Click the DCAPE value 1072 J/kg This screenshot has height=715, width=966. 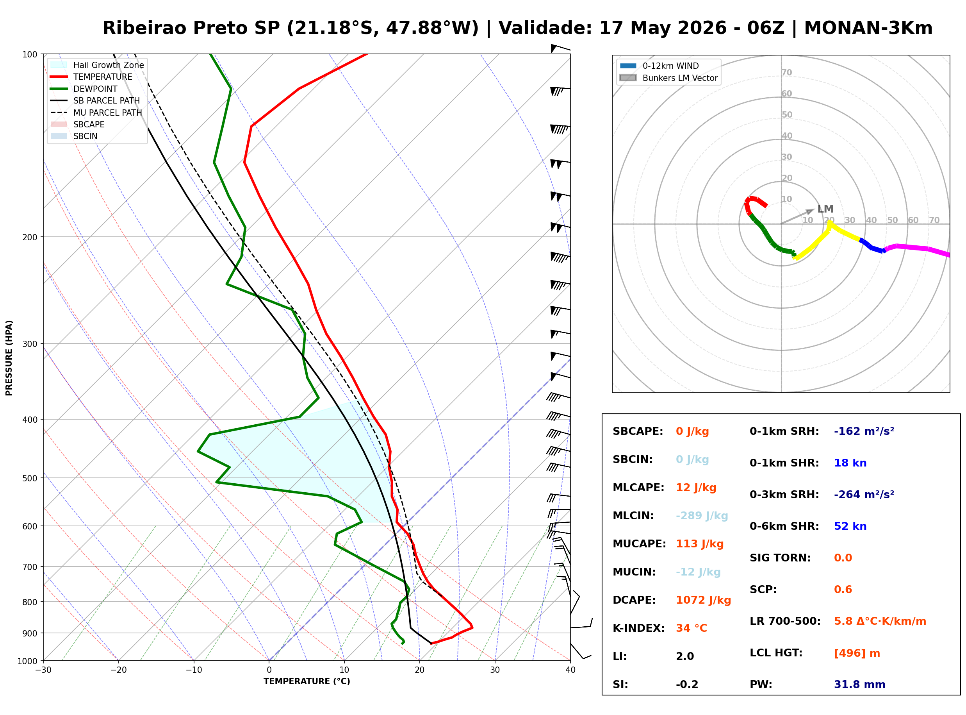(703, 600)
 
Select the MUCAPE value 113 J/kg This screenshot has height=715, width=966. (700, 543)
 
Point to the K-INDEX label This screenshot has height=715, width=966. (638, 628)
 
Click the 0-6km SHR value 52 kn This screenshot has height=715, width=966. (850, 526)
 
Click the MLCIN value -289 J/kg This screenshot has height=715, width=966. (702, 515)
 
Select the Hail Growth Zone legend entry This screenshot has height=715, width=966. (97, 65)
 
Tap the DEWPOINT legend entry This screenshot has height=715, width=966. (84, 89)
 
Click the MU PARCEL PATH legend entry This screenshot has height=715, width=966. (96, 113)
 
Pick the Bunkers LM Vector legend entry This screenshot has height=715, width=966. (668, 78)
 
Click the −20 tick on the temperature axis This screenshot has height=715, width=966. (118, 670)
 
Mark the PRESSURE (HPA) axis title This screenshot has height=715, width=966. (9, 358)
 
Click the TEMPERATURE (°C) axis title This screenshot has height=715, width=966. (307, 681)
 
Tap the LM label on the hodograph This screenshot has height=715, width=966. (825, 209)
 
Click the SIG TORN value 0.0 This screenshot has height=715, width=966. (843, 558)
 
